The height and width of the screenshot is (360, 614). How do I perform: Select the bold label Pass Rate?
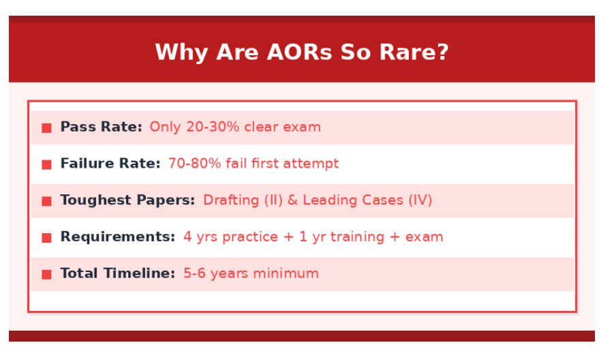pyautogui.click(x=102, y=127)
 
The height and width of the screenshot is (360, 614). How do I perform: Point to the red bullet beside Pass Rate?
pyautogui.click(x=46, y=128)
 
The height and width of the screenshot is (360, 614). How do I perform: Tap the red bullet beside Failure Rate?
pyautogui.click(x=46, y=165)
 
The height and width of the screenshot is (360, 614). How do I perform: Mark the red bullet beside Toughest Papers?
pyautogui.click(x=46, y=201)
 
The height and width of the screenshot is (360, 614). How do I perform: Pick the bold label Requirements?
pyautogui.click(x=118, y=237)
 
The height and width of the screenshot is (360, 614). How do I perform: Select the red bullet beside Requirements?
pyautogui.click(x=46, y=238)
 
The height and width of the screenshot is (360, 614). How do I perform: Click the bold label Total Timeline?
pyautogui.click(x=118, y=273)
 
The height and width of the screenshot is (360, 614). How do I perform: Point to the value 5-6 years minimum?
pyautogui.click(x=251, y=273)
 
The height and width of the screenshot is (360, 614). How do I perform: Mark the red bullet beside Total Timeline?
pyautogui.click(x=46, y=275)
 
